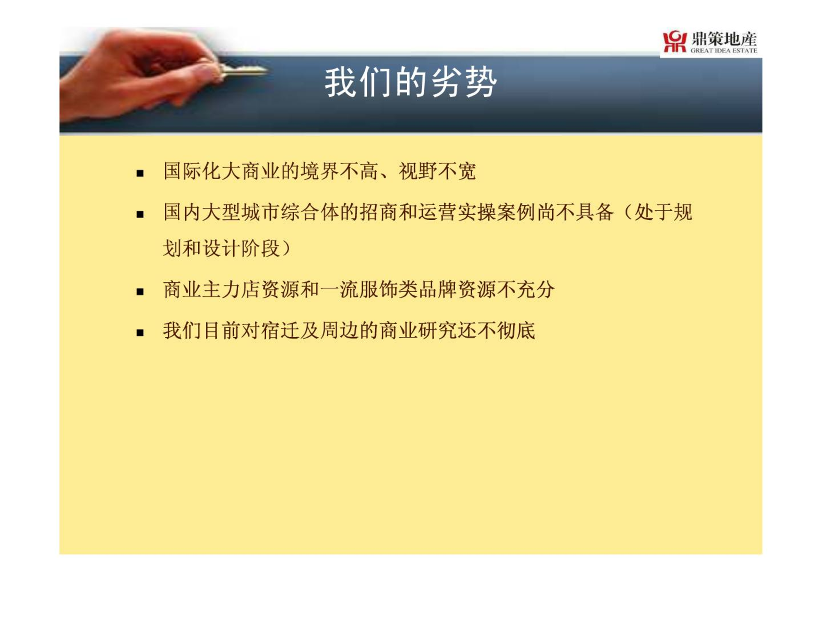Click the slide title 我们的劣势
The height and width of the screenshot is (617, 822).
[x=411, y=82]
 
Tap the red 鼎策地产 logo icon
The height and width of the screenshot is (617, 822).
[x=675, y=42]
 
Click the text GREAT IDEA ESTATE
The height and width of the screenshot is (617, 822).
[x=724, y=51]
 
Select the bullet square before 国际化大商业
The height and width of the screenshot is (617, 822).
[x=140, y=174]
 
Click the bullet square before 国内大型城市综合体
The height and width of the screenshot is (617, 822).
[x=140, y=214]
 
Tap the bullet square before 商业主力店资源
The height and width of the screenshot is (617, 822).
[x=140, y=292]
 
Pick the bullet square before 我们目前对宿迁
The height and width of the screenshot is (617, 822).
[x=140, y=332]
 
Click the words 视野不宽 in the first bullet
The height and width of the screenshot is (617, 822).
[x=437, y=171]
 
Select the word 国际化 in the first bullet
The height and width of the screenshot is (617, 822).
[x=192, y=171]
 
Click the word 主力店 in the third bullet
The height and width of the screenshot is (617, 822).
[x=232, y=289]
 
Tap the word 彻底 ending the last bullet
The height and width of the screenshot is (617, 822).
[x=516, y=330]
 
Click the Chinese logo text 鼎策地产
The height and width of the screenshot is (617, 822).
[x=724, y=39]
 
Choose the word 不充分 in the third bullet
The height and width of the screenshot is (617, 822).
[x=526, y=289]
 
